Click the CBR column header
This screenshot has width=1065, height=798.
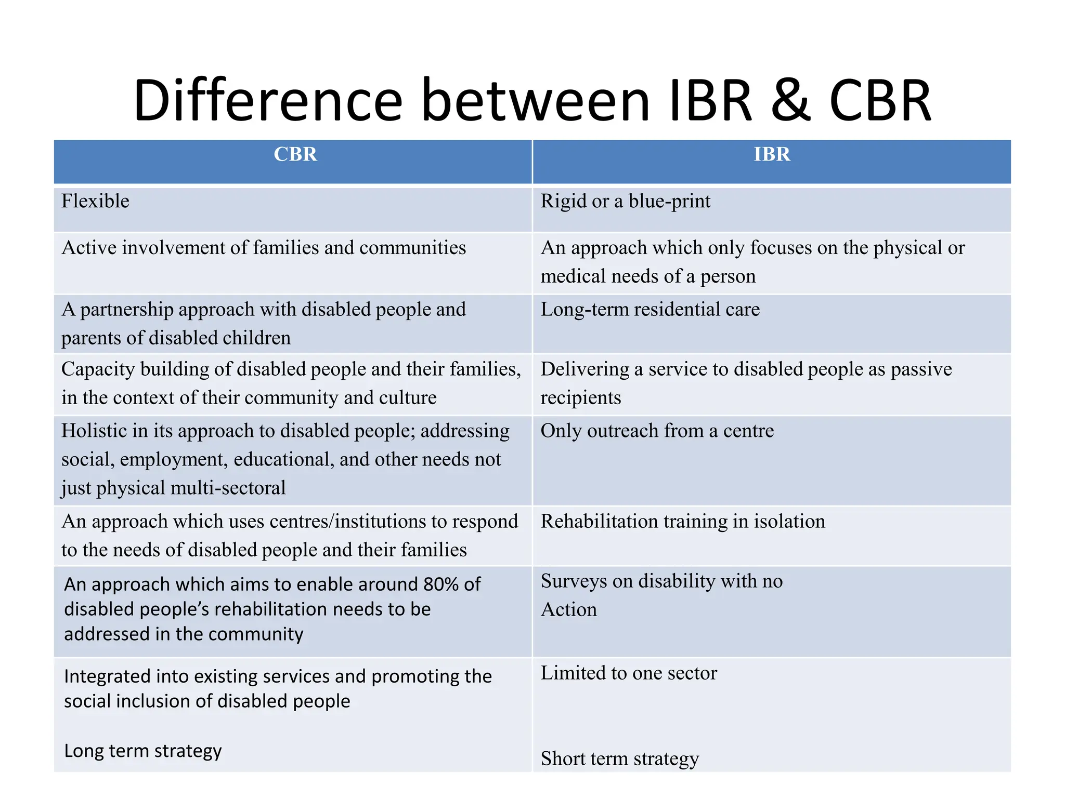coord(295,154)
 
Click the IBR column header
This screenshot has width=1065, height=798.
coord(772,154)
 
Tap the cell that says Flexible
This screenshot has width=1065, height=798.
coord(95,201)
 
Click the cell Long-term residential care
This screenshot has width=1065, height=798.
coord(650,310)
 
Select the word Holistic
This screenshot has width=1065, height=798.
coord(94,431)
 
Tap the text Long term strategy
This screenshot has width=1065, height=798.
coord(143,751)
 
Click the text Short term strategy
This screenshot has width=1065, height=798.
coord(619,759)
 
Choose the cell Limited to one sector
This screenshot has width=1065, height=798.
coord(629,673)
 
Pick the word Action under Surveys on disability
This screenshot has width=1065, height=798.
coord(568,609)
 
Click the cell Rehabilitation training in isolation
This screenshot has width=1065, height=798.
coord(683,521)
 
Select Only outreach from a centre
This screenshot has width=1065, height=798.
coord(657,431)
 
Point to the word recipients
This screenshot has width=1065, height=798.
coord(581,398)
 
